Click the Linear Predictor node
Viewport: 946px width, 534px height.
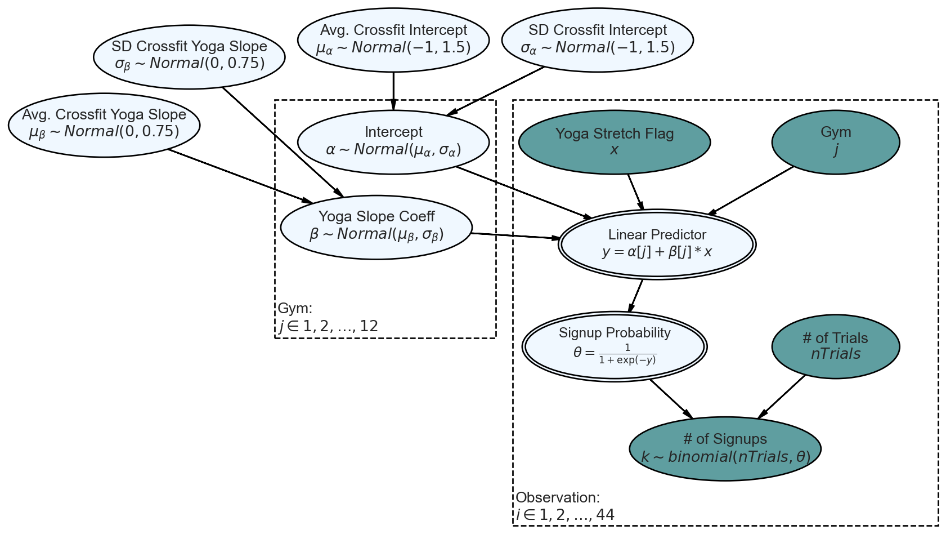(657, 244)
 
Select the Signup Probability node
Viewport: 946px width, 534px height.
(615, 346)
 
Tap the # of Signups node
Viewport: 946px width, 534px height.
(725, 448)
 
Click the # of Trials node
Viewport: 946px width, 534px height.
(835, 346)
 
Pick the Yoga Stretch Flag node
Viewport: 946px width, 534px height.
(615, 142)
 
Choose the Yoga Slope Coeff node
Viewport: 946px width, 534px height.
(376, 227)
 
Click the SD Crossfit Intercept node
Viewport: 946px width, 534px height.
(598, 40)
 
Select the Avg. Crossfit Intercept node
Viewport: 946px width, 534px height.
(393, 40)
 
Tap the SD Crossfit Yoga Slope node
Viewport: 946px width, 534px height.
(189, 57)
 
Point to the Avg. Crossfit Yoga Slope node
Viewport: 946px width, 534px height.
(104, 125)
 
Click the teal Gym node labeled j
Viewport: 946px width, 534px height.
(835, 142)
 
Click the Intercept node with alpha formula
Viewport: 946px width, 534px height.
(393, 142)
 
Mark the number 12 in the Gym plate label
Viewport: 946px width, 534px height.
(369, 326)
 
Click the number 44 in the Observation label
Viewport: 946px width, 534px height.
(605, 514)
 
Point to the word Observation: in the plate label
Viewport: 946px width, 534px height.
(558, 497)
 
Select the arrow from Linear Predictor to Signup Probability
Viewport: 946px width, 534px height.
(636, 296)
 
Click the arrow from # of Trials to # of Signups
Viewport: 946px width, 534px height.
(782, 397)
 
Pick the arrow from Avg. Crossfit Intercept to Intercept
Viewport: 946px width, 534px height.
(393, 91)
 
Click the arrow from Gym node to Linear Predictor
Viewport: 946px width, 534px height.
(751, 191)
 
